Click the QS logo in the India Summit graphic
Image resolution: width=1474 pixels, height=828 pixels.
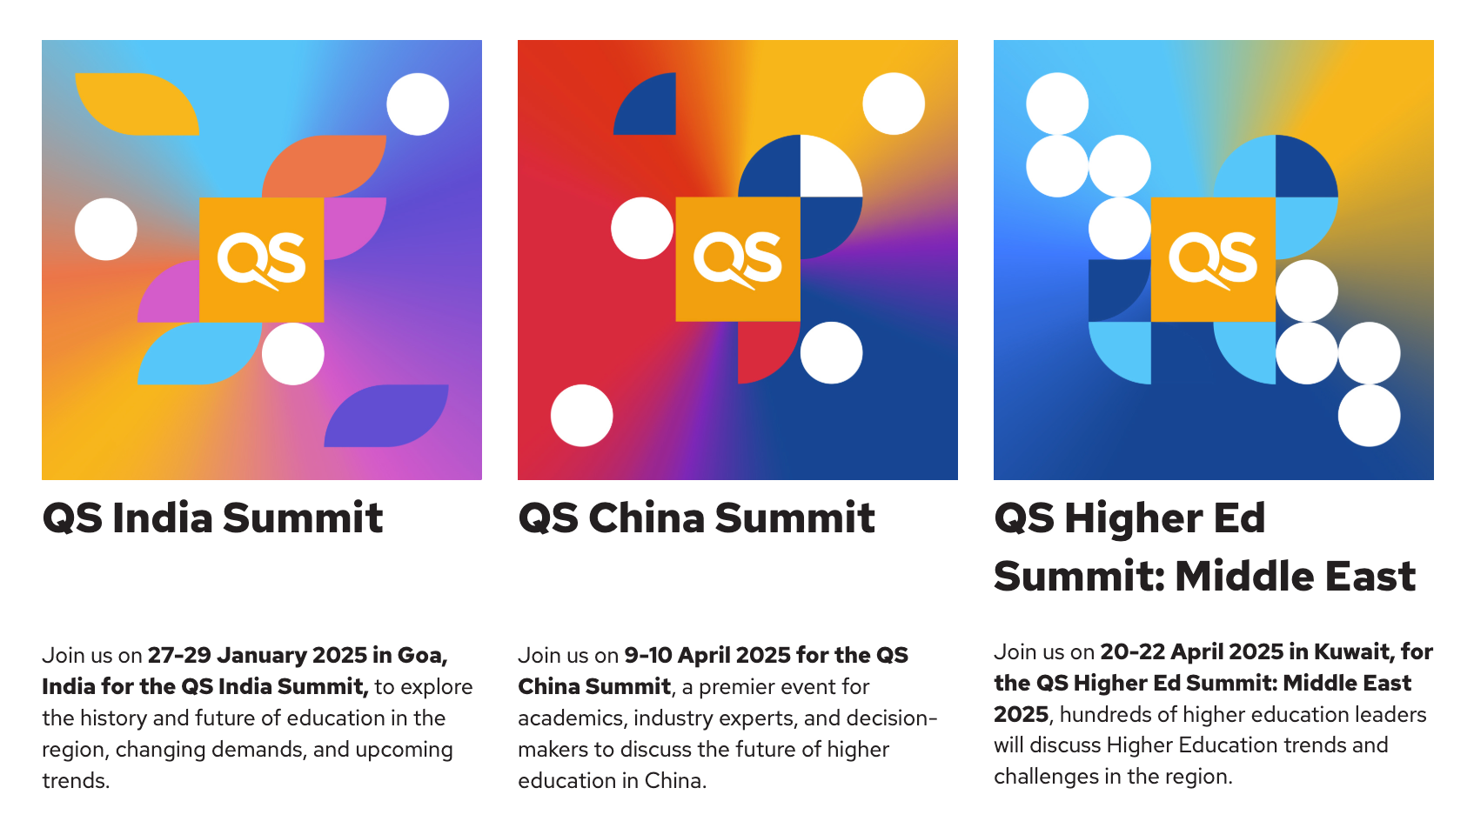tap(261, 260)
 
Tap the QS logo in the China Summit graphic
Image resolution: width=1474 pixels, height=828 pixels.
tap(738, 260)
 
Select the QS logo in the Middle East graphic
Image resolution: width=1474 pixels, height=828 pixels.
tap(1213, 260)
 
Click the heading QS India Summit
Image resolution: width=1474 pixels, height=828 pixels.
tap(212, 518)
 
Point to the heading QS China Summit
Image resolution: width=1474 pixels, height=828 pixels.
tap(696, 518)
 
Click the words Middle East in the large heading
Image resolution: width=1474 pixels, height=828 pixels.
tap(1295, 577)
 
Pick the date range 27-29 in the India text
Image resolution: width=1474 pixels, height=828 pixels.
tap(179, 656)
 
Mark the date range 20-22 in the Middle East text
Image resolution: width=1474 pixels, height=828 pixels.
tap(1132, 652)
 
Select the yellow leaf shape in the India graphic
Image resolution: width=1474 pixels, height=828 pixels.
tap(137, 103)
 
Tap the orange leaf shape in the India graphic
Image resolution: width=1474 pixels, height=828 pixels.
tap(324, 166)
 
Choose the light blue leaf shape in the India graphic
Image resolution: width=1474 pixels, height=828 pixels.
tap(199, 353)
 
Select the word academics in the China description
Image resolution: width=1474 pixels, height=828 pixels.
tap(571, 718)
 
